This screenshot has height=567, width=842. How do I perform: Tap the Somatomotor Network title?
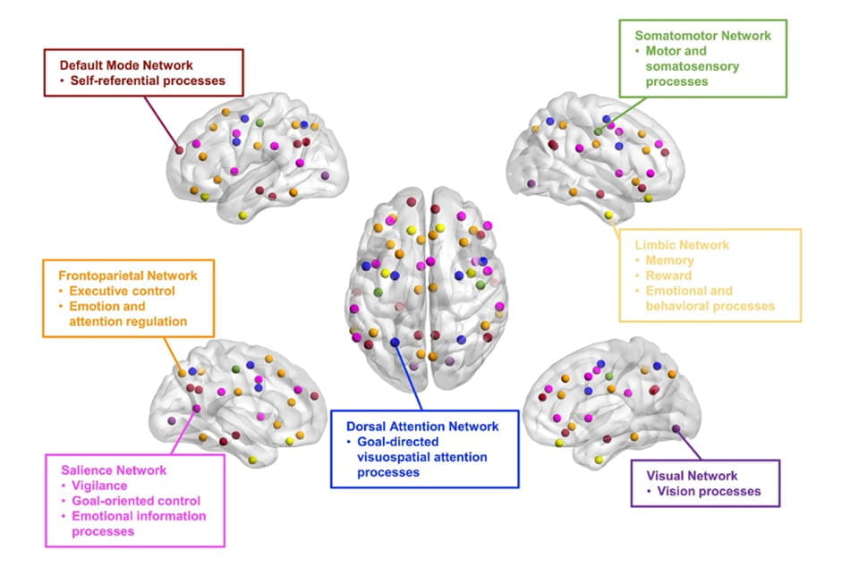tap(702, 36)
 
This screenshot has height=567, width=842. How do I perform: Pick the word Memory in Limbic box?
tap(670, 261)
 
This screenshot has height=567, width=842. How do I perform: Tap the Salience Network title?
tap(114, 470)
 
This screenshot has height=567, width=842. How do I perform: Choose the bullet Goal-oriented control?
tap(136, 501)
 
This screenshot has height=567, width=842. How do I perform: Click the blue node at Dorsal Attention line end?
tap(395, 342)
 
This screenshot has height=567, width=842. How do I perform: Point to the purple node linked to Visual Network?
tap(676, 430)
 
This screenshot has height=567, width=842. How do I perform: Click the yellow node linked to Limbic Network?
tap(608, 216)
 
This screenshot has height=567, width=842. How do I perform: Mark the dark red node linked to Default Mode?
tap(179, 150)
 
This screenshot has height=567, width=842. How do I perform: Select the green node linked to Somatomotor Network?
tap(598, 131)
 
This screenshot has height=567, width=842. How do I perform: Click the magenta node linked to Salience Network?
tap(197, 409)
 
